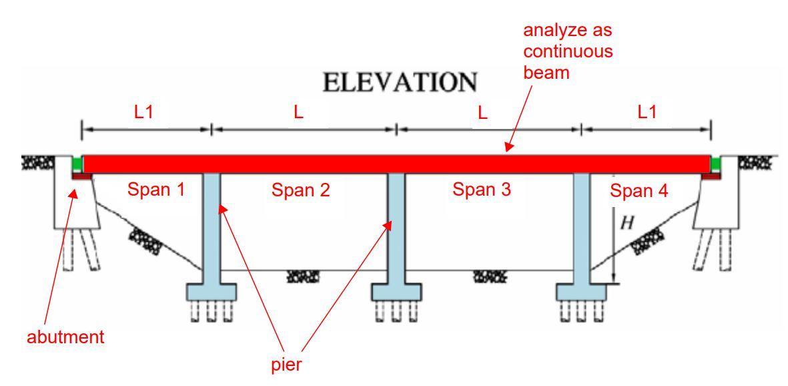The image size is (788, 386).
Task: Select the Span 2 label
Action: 302,190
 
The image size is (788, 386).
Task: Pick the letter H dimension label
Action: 626,223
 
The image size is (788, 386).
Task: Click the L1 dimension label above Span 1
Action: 143,112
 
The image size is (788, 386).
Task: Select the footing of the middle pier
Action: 396,291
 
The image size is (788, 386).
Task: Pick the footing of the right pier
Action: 582,291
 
